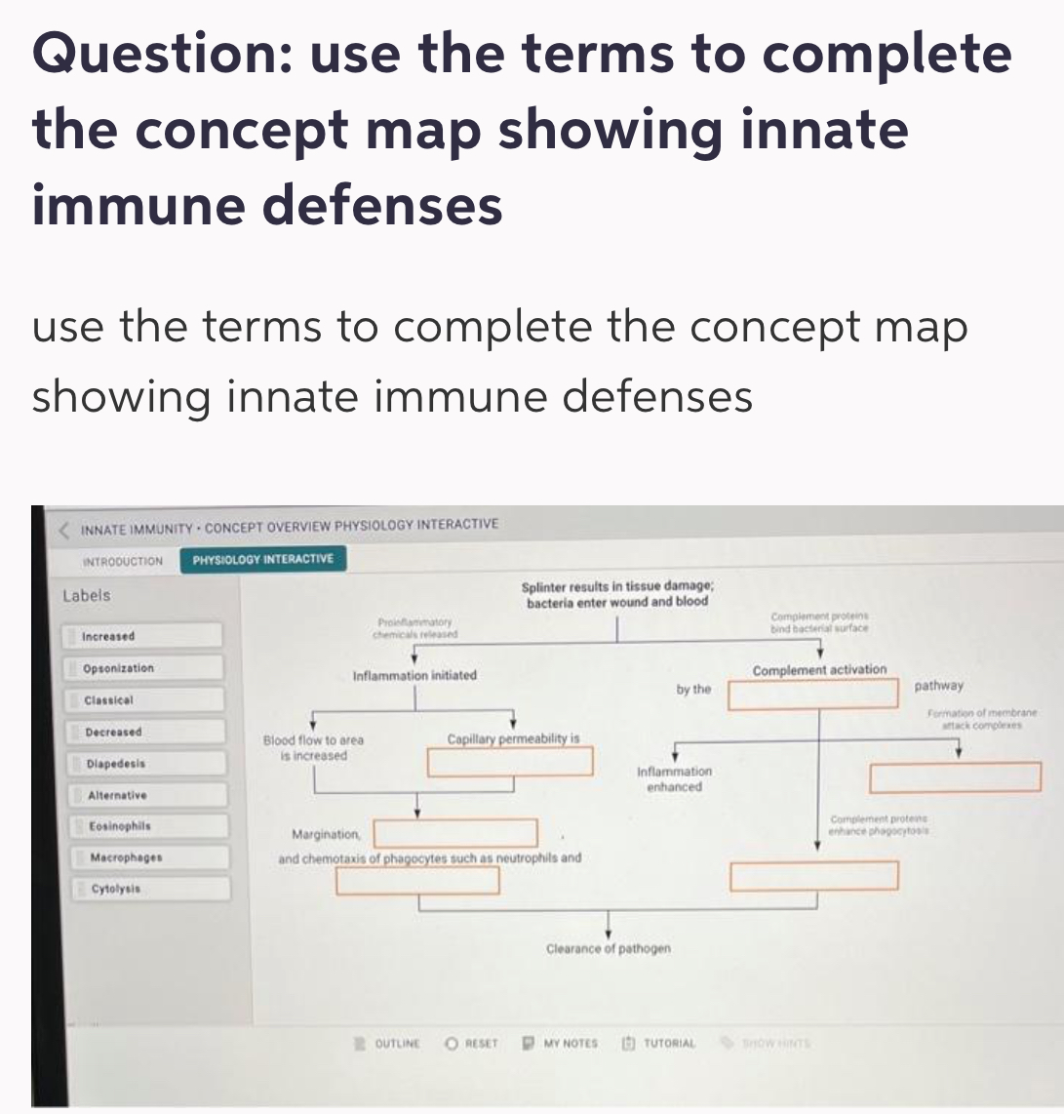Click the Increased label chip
(x=146, y=637)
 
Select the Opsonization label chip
(x=146, y=669)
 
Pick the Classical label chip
(x=146, y=700)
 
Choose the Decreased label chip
(x=146, y=732)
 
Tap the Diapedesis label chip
(x=146, y=764)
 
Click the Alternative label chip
(x=146, y=796)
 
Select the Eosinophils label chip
(x=146, y=826)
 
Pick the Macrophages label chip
(x=146, y=857)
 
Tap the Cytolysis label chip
(x=146, y=889)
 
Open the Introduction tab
(x=123, y=561)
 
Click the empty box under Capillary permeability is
(x=510, y=762)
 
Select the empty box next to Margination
(x=453, y=833)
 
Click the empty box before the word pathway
(x=812, y=694)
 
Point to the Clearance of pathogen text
(x=609, y=948)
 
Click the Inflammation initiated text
(x=414, y=675)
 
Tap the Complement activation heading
(x=819, y=670)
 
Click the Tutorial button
(x=660, y=1043)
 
